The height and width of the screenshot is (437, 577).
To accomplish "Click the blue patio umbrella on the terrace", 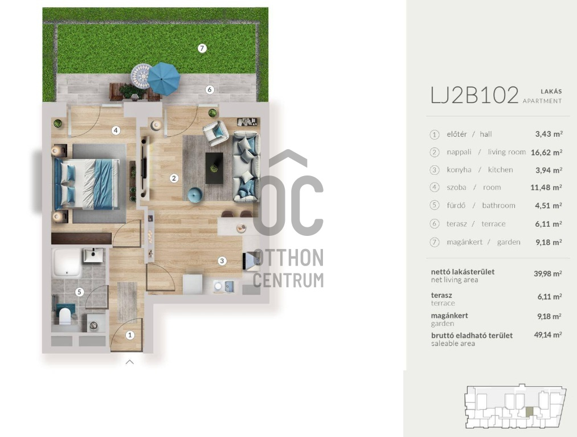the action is [163, 79].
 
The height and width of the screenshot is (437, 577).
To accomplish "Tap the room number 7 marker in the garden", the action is [202, 48].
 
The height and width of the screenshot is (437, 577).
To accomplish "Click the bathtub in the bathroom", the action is [67, 263].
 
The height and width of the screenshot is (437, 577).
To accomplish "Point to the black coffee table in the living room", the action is [214, 168].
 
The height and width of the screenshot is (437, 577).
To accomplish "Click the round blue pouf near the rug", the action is [195, 194].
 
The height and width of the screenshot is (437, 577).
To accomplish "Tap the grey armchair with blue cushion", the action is [216, 133].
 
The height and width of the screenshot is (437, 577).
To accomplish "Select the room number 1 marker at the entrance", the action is [129, 335].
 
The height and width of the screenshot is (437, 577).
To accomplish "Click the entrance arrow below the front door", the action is [129, 362].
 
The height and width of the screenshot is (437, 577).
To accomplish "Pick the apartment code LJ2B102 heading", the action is [474, 95].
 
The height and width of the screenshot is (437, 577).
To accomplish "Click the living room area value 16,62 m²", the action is [546, 152].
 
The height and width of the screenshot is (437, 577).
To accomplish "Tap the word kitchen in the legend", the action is [501, 170].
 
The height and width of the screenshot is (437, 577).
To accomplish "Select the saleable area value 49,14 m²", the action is [548, 334].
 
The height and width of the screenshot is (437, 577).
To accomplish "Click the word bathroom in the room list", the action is [498, 206].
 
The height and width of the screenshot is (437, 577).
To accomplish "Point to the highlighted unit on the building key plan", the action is [529, 412].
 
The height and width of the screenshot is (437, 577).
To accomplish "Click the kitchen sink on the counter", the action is [224, 286].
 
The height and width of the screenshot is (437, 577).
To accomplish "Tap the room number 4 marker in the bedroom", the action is [116, 130].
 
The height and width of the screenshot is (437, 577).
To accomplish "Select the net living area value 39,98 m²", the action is [548, 273].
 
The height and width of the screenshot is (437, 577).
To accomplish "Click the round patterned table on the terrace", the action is [141, 76].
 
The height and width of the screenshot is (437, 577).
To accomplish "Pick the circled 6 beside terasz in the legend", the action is [435, 224].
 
